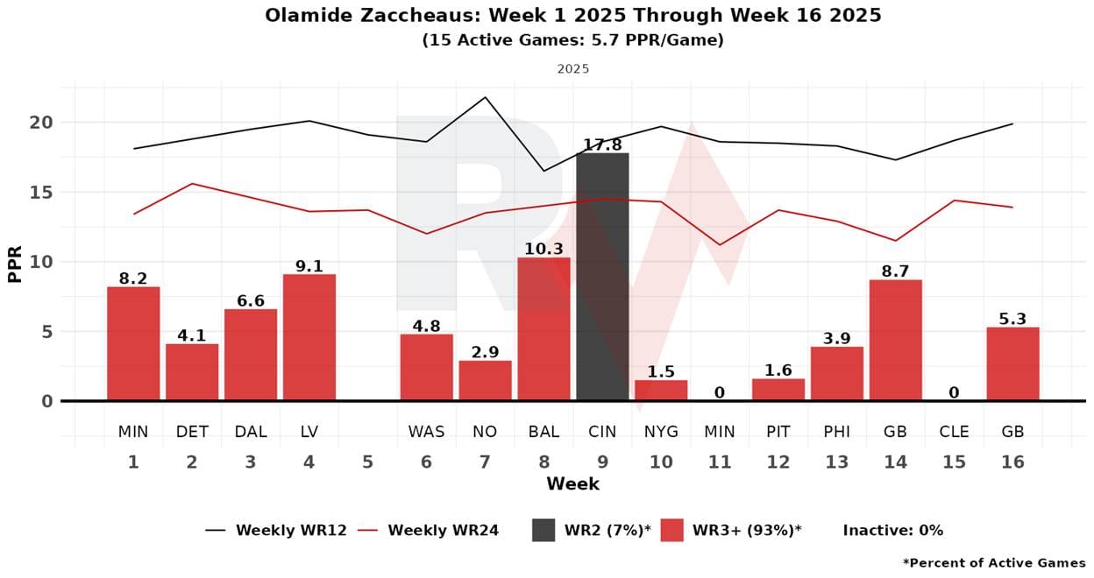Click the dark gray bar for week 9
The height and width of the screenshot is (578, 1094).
coord(602,277)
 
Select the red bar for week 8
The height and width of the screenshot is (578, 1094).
coord(543,328)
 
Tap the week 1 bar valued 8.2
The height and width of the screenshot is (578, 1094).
coord(133,343)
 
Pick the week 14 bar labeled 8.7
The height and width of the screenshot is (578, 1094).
coord(895,340)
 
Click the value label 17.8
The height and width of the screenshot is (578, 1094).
coord(602,144)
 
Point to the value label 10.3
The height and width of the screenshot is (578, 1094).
coord(543,249)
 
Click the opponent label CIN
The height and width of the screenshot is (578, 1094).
coord(602,432)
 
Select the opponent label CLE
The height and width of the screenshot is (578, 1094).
coord(954,432)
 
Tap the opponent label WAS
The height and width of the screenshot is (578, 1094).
coord(426,432)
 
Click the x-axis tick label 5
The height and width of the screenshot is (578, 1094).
coord(367,462)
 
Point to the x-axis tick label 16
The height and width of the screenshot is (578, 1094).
coord(1012,462)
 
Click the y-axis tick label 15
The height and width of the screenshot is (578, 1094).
coord(42,192)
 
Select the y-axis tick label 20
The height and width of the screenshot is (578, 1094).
coord(42,123)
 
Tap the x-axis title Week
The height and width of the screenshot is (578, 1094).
coord(572,483)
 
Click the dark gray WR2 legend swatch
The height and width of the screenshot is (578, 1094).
coord(543,530)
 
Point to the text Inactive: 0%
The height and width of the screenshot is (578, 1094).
coord(892,530)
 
